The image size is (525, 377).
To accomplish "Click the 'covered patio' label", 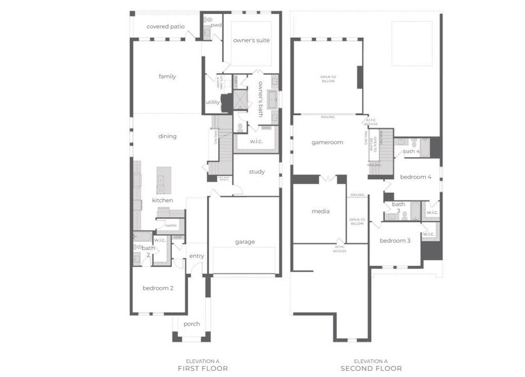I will pyautogui.click(x=166, y=26).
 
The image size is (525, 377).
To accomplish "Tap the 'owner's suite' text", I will pyautogui.click(x=252, y=40).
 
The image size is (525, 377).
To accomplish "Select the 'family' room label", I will pyautogui.click(x=167, y=77).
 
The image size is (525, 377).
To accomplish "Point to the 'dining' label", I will pyautogui.click(x=167, y=136).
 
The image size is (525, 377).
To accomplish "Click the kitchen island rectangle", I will pyautogui.click(x=164, y=180).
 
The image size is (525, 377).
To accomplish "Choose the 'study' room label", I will pyautogui.click(x=257, y=172).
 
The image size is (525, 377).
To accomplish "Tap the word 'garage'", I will pyautogui.click(x=245, y=242).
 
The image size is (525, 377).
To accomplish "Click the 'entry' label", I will pyautogui.click(x=197, y=256).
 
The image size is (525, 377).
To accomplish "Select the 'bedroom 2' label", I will pyautogui.click(x=157, y=288).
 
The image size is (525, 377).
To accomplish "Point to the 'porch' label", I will pyautogui.click(x=191, y=324).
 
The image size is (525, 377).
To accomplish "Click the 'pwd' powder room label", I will pyautogui.click(x=216, y=25).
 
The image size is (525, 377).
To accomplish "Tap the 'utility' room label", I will pyautogui.click(x=213, y=102).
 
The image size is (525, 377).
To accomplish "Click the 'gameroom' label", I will pyautogui.click(x=327, y=143).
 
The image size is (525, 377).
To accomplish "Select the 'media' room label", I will pyautogui.click(x=321, y=211).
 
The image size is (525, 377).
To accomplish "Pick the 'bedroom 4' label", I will pyautogui.click(x=415, y=177).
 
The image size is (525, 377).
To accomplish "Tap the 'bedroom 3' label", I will pyautogui.click(x=395, y=241).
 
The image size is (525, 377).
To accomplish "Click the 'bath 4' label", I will pyautogui.click(x=411, y=151).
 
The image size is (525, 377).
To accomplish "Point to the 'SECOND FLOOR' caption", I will pyautogui.click(x=371, y=368).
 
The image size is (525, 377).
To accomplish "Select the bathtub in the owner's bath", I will pyautogui.click(x=273, y=100).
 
